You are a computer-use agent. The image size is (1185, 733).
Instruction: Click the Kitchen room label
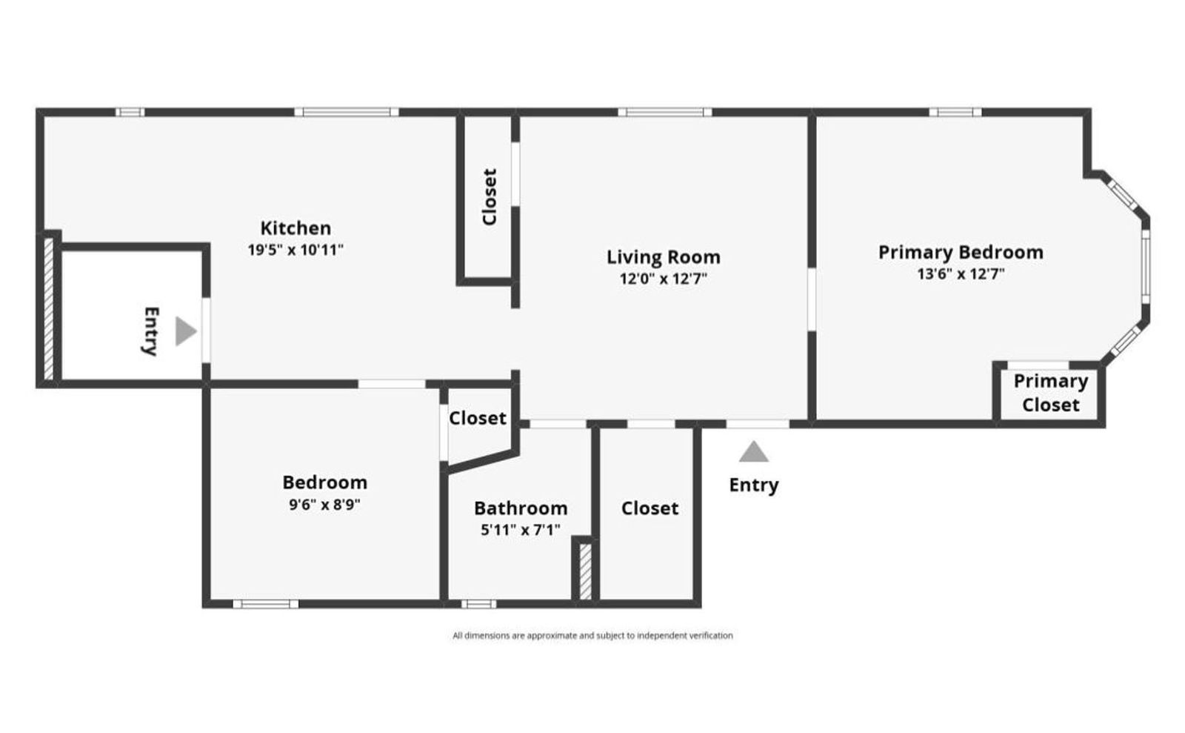[x=296, y=228]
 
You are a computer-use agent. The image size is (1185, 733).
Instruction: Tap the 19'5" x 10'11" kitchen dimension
[x=296, y=250]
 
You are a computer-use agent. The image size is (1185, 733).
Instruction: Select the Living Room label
[x=663, y=257]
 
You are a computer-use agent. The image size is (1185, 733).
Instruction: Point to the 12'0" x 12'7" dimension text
[x=663, y=279]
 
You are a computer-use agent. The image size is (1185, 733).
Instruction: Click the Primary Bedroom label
[x=961, y=252]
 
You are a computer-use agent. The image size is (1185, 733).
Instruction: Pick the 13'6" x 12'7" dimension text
[x=961, y=274]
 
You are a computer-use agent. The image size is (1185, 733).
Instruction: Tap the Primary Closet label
[x=1050, y=393]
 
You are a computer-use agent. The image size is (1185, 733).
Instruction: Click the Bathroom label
[x=521, y=508]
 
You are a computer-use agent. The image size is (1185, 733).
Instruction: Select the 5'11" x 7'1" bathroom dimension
[x=521, y=530]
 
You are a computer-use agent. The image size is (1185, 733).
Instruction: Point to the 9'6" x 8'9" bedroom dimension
[x=324, y=505]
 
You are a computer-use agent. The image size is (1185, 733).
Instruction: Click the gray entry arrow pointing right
[x=185, y=331]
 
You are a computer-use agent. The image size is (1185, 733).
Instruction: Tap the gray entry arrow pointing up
[x=753, y=452]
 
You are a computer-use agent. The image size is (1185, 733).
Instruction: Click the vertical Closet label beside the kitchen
[x=489, y=196]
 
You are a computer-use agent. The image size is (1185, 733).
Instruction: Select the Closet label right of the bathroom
[x=650, y=508]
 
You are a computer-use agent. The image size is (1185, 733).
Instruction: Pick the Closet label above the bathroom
[x=478, y=419]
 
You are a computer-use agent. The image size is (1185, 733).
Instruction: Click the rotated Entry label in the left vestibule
[x=150, y=331]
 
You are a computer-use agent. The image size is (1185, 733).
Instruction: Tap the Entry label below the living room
[x=753, y=485]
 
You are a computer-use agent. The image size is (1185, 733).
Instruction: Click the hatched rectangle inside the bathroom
[x=585, y=571]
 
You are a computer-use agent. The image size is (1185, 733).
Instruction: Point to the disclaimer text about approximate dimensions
[x=592, y=635]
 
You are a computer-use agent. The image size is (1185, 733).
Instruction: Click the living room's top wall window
[x=665, y=113]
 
